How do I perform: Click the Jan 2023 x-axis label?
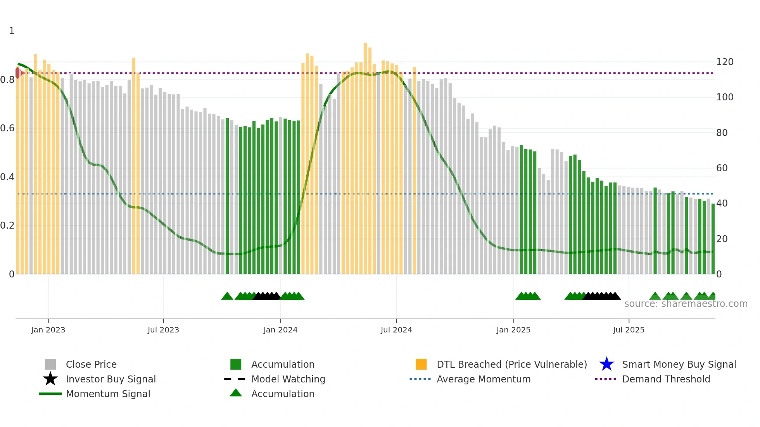48,330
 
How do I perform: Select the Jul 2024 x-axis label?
396,330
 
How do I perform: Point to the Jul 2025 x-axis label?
629,330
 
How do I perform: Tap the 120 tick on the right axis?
725,62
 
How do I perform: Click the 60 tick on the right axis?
722,168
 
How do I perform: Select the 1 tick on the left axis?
12,31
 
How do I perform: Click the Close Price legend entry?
91,364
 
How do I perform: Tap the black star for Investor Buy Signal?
50,379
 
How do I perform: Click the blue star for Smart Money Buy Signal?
606,364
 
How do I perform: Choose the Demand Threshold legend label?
666,379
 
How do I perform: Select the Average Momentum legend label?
484,379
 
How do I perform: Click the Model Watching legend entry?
288,379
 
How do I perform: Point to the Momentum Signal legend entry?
108,394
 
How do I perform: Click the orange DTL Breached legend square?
421,364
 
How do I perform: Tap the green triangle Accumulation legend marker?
236,393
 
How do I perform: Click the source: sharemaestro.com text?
686,304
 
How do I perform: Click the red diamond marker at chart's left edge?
18,73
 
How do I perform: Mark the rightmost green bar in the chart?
713,238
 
